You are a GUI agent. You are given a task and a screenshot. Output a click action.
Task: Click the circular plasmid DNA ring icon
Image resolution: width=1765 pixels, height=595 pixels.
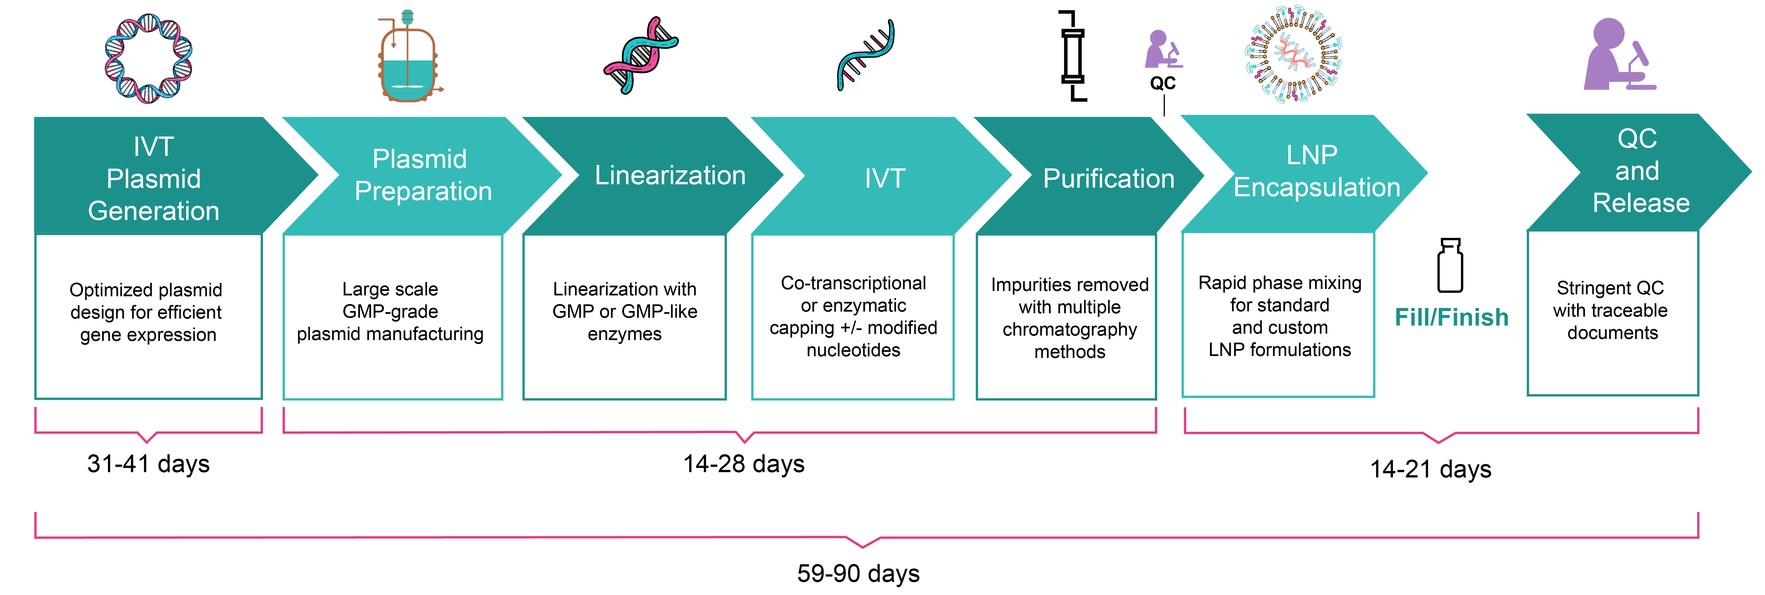click(148, 58)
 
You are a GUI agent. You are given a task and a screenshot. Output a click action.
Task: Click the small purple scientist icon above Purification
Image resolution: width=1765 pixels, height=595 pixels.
click(1163, 49)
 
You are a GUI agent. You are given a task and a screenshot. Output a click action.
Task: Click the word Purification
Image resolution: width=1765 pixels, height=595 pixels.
click(1108, 179)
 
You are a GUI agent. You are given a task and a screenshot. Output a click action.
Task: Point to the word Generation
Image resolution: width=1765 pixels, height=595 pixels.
click(153, 211)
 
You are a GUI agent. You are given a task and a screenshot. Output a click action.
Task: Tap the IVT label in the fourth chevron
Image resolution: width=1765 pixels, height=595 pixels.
click(884, 179)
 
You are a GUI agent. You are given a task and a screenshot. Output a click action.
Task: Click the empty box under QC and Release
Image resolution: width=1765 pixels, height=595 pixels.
click(1612, 314)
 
